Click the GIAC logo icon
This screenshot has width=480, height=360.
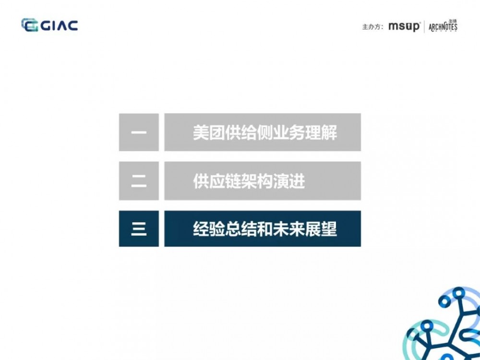point(30,25)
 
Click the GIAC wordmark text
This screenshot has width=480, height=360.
point(59,25)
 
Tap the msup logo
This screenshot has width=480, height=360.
point(404,26)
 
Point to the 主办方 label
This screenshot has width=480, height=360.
point(372,27)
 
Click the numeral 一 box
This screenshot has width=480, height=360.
point(139,132)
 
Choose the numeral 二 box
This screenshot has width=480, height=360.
point(139,181)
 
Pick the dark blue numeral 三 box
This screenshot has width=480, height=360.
point(139,229)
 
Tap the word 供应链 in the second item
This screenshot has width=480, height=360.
point(216,181)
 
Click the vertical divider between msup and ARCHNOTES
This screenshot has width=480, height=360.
point(424,27)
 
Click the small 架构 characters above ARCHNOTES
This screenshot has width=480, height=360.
point(452,21)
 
